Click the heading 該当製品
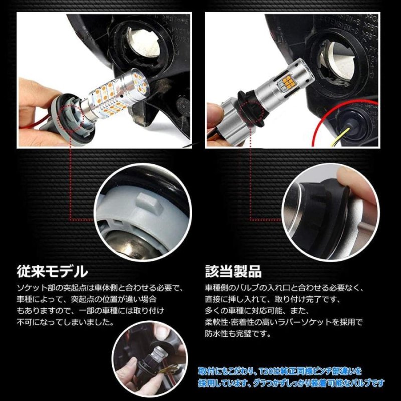(233, 272)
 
